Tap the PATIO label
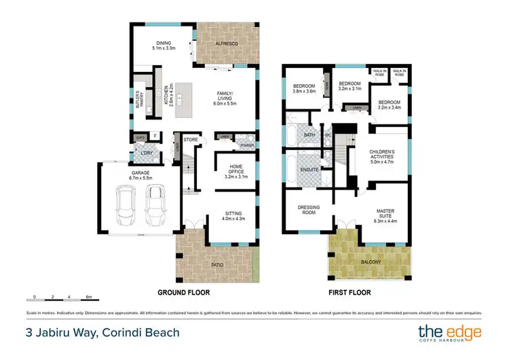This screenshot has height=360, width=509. [217, 264]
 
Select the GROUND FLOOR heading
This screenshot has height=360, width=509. [183, 293]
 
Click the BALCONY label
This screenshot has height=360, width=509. [371, 262]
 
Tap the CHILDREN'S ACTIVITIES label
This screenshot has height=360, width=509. [381, 156]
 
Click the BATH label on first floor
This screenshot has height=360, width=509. [309, 135]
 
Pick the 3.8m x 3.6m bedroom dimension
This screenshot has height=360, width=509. [303, 91]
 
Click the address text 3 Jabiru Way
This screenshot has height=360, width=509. [102, 332]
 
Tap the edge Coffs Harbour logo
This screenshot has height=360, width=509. [449, 333]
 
